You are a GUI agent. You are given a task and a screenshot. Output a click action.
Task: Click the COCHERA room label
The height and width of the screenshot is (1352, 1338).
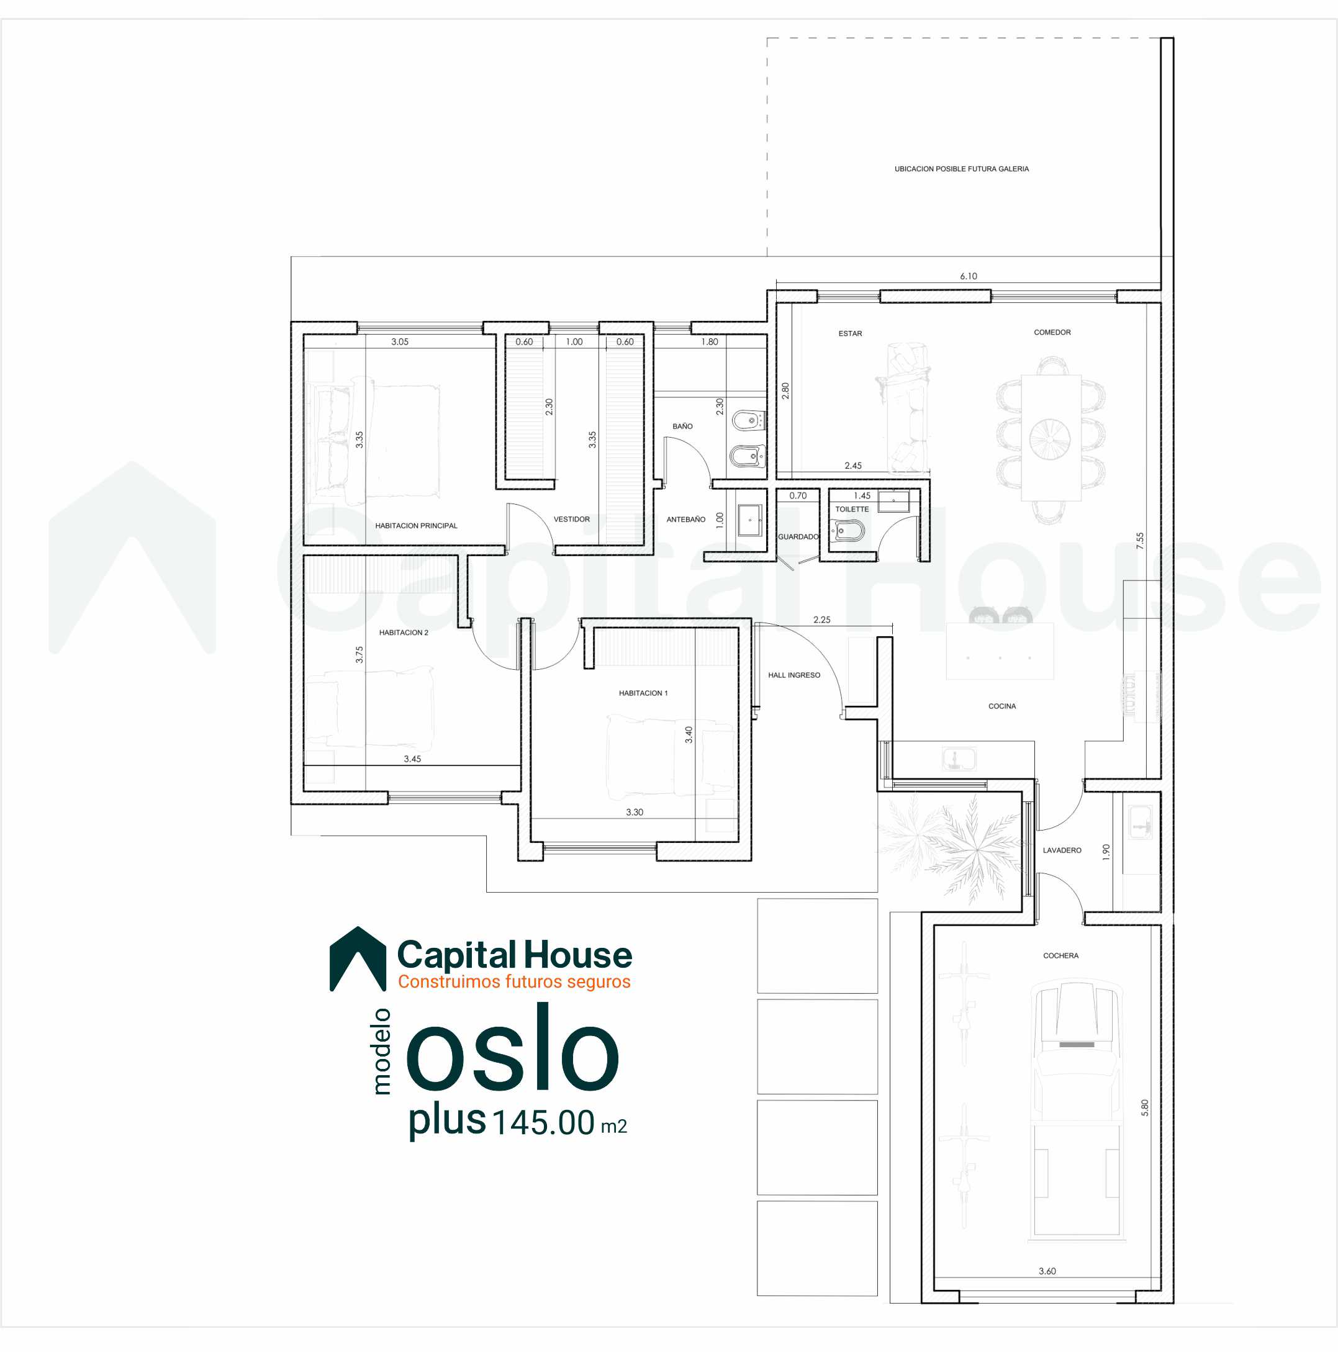pyautogui.click(x=1060, y=956)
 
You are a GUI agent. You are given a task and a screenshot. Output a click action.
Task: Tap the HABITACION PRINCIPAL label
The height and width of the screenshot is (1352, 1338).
pyautogui.click(x=417, y=526)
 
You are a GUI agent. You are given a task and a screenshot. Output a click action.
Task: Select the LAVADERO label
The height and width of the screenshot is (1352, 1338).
pyautogui.click(x=1062, y=850)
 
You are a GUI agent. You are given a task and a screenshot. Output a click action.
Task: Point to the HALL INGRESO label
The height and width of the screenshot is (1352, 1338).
pyautogui.click(x=794, y=675)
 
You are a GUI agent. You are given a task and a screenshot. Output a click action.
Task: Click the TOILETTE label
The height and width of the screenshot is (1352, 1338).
pyautogui.click(x=852, y=510)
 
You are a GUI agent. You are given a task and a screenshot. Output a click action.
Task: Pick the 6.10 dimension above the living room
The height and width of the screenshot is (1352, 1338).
pyautogui.click(x=969, y=276)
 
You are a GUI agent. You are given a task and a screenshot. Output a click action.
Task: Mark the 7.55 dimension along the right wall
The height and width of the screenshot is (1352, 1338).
pyautogui.click(x=1140, y=541)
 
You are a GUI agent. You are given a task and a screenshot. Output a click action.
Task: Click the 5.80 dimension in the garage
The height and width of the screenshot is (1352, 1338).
pyautogui.click(x=1145, y=1108)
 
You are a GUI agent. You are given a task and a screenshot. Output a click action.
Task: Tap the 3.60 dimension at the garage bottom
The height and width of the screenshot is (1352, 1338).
pyautogui.click(x=1047, y=1271)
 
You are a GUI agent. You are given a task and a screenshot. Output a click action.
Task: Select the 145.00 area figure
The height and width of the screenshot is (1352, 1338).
pyautogui.click(x=544, y=1123)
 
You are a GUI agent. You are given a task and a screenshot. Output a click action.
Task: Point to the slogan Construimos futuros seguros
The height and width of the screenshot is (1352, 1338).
pyautogui.click(x=514, y=982)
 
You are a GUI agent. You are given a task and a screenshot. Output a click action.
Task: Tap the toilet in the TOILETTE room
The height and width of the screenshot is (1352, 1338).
pyautogui.click(x=848, y=531)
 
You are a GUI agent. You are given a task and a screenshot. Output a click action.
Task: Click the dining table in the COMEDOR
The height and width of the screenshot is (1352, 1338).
pyautogui.click(x=1051, y=438)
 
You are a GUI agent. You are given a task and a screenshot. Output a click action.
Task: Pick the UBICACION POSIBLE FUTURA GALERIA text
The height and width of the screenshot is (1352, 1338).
pyautogui.click(x=962, y=169)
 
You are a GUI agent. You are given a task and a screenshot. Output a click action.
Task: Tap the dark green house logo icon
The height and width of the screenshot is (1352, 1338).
pyautogui.click(x=358, y=958)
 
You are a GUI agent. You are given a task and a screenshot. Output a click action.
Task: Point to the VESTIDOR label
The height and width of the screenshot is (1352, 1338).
pyautogui.click(x=572, y=519)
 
